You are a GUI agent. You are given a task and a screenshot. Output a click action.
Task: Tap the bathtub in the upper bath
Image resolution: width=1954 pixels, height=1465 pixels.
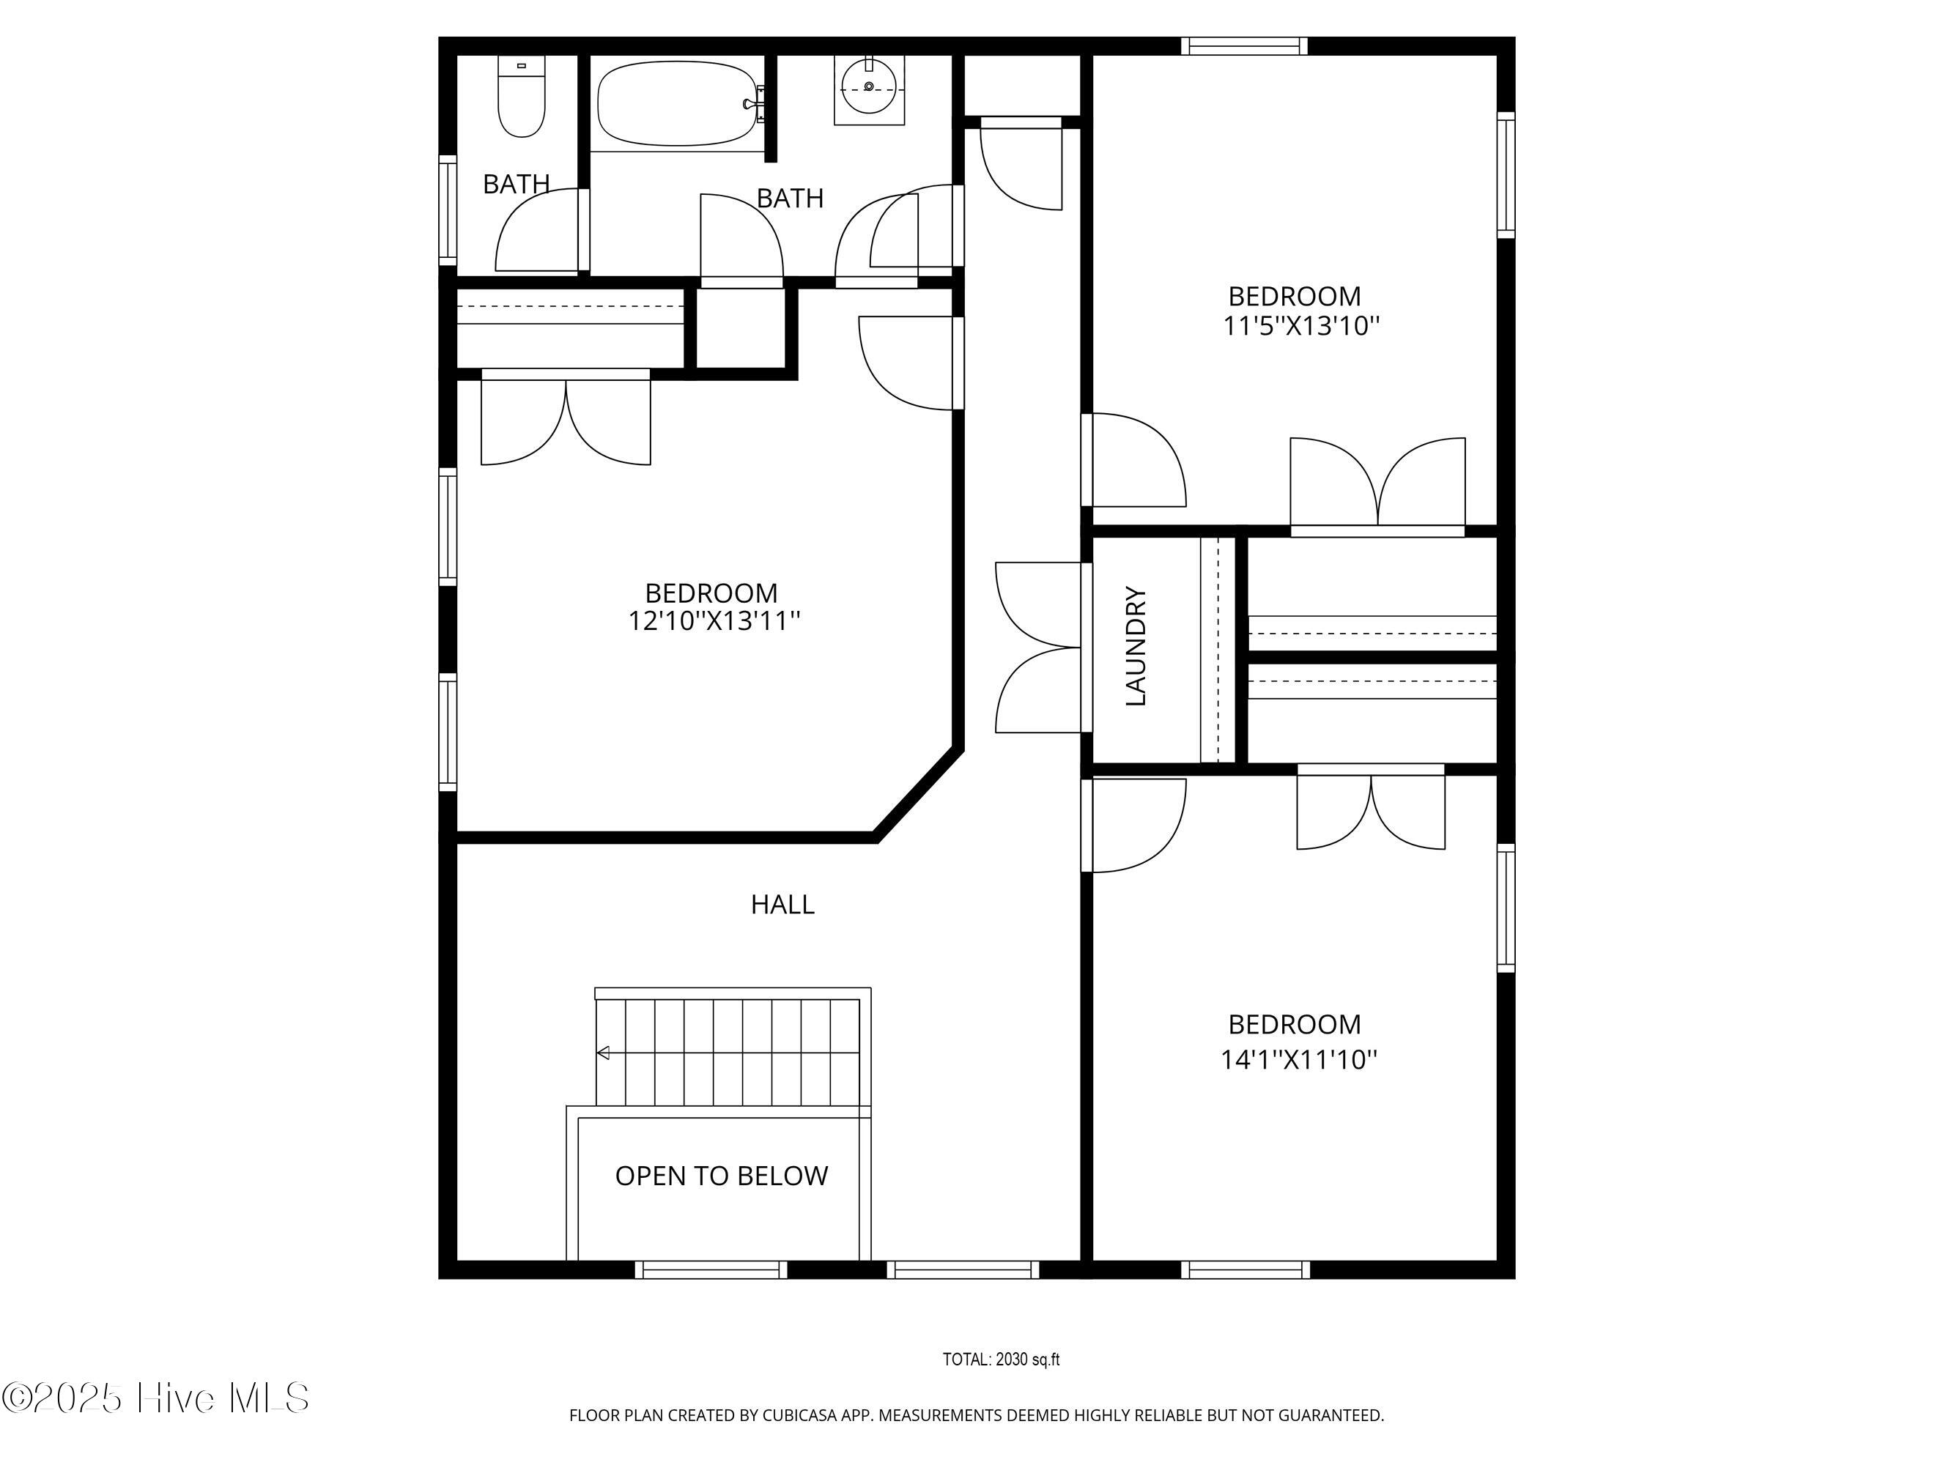678,103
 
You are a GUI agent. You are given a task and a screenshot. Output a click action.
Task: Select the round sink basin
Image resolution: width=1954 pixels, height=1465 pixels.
869,86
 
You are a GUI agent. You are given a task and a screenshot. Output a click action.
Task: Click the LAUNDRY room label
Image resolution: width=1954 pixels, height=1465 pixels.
1136,646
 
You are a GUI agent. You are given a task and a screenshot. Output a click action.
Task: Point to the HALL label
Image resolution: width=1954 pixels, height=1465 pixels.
782,904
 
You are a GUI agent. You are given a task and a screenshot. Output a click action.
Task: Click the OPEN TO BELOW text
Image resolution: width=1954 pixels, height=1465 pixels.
722,1176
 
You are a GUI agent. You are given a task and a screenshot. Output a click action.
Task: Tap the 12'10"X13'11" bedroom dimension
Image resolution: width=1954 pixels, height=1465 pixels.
714,620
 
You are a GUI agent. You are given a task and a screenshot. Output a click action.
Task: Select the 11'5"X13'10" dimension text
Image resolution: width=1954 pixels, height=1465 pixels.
1301,327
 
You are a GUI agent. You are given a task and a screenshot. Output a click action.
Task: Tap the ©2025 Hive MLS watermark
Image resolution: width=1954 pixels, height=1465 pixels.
155,1398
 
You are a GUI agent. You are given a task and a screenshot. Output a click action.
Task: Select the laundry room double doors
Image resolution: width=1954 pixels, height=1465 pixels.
1038,648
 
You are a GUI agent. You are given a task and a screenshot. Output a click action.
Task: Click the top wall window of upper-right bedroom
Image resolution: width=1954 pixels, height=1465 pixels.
1245,46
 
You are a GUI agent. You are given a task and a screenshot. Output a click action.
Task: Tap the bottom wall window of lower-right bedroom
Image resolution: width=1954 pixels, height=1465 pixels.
1246,1270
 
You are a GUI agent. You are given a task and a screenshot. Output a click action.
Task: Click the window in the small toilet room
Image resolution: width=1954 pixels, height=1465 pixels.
448,210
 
